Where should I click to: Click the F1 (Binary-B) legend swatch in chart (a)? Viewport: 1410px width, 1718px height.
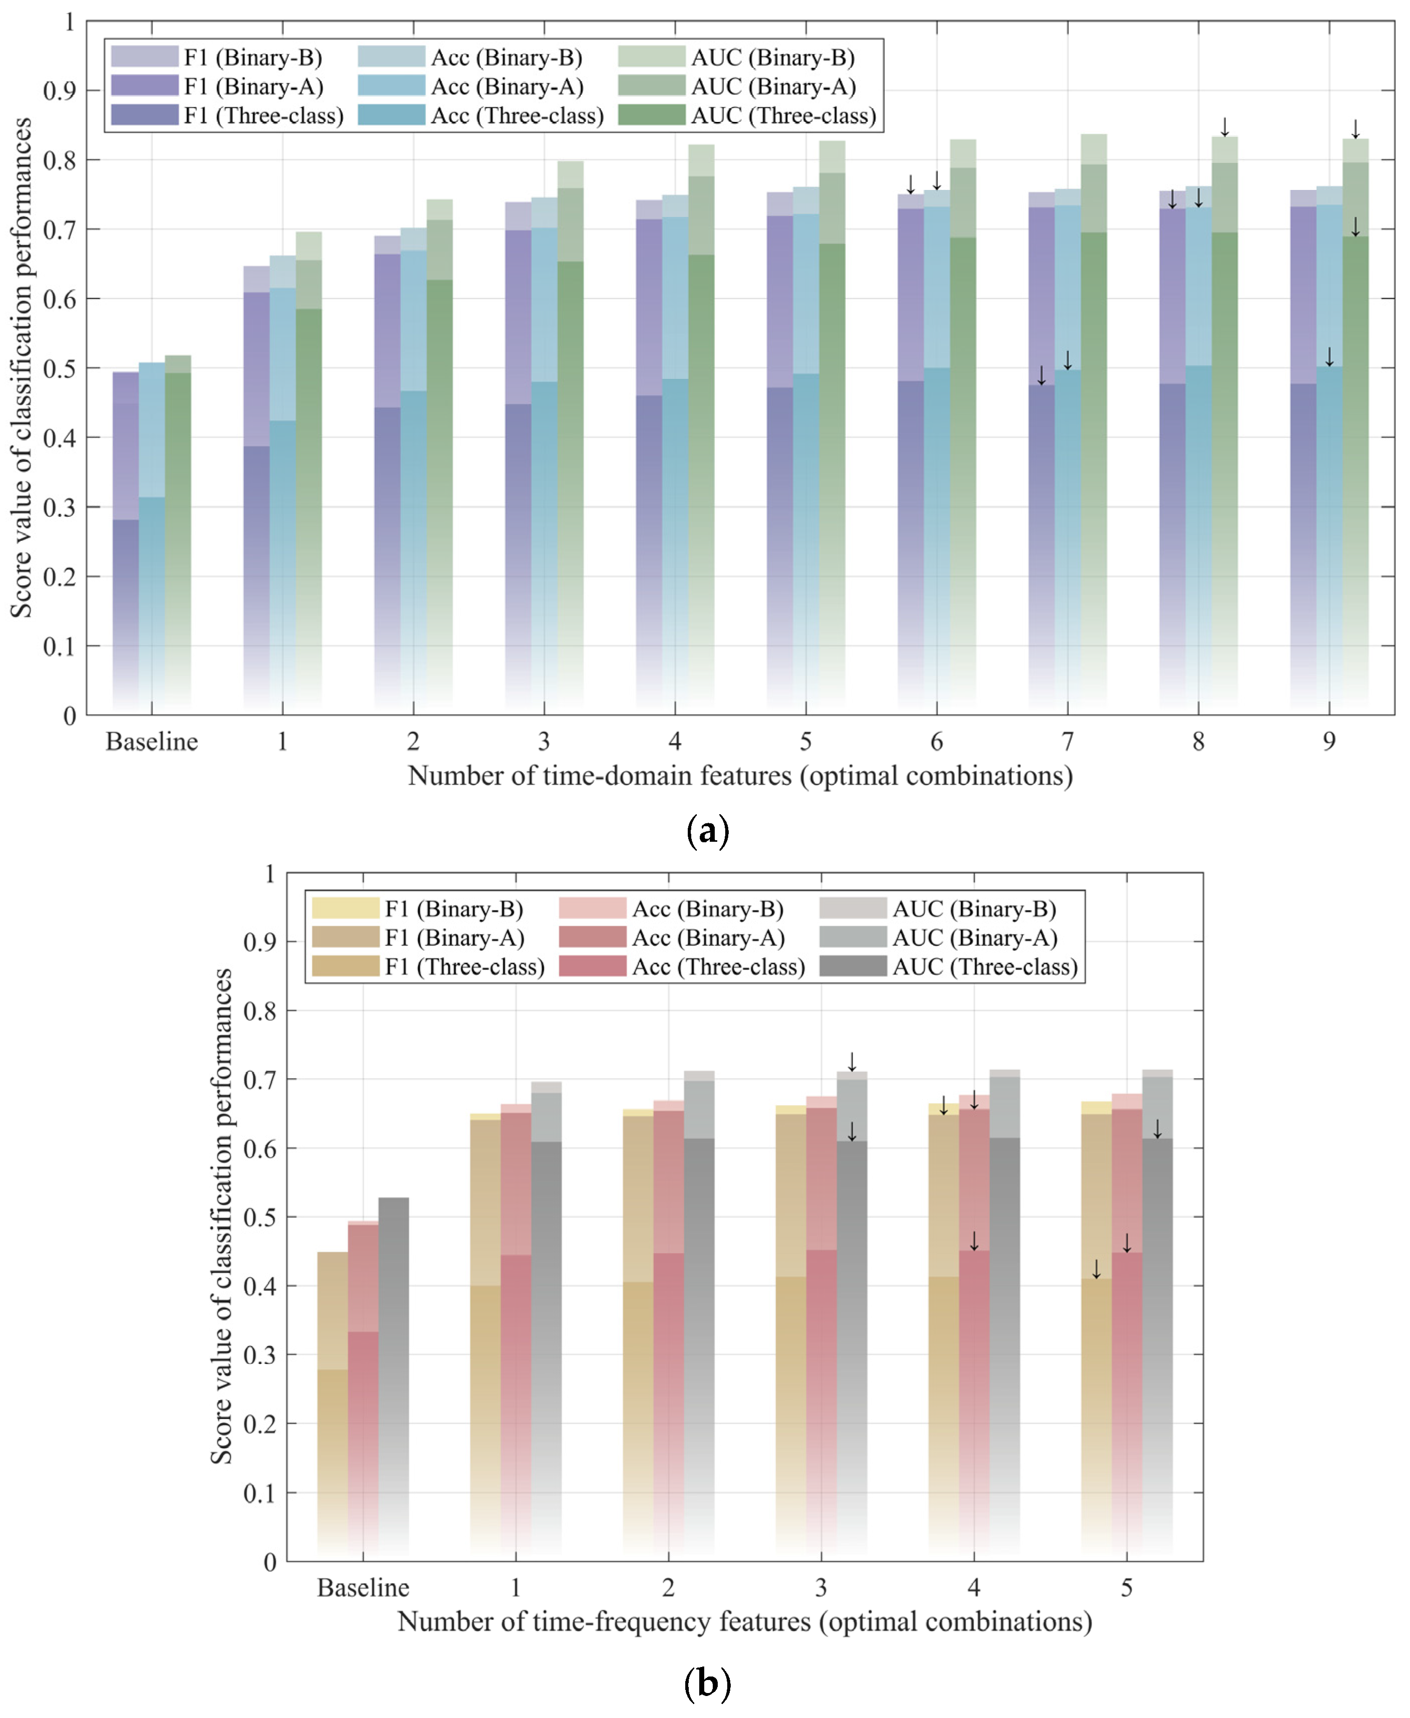click(x=144, y=57)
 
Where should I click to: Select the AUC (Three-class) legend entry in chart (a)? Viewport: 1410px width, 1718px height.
click(x=747, y=115)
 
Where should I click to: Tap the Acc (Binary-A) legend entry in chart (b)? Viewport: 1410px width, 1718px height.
click(x=672, y=937)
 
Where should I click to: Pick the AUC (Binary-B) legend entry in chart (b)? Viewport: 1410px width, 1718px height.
click(x=938, y=908)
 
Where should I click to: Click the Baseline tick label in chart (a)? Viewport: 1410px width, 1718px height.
click(x=152, y=742)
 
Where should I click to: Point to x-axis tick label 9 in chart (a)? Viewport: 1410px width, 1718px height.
click(x=1329, y=742)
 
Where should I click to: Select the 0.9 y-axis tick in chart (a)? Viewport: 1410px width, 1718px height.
click(x=59, y=90)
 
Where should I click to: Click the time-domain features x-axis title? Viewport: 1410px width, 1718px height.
click(x=740, y=776)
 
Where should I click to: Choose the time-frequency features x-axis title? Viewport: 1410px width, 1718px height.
click(x=745, y=1622)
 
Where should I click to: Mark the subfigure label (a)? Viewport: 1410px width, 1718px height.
click(x=707, y=831)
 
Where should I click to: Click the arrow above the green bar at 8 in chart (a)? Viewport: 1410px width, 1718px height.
click(x=1225, y=127)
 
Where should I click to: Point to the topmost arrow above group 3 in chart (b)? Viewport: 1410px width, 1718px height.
click(x=852, y=1062)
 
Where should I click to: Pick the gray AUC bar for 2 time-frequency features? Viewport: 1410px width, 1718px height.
click(x=699, y=1316)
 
